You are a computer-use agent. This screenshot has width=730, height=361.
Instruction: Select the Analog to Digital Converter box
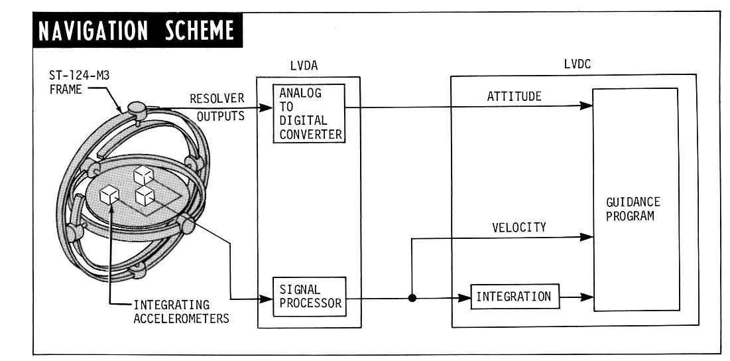309,113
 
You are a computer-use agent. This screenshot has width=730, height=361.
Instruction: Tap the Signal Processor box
309,297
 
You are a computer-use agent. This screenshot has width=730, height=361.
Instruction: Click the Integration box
514,297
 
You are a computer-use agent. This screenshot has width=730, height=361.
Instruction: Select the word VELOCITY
518,228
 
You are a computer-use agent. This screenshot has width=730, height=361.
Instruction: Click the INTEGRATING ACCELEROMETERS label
181,311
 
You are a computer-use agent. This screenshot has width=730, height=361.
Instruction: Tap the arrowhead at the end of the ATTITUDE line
586,106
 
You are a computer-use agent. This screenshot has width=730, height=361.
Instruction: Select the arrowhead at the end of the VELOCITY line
586,236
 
